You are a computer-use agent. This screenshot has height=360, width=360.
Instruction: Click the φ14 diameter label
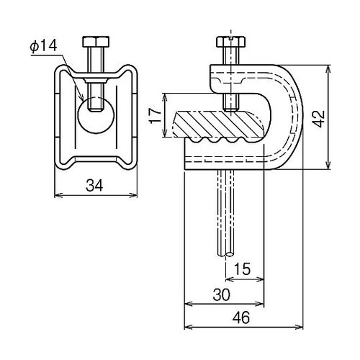click(x=43, y=46)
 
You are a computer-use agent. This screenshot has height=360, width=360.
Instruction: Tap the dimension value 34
click(x=94, y=186)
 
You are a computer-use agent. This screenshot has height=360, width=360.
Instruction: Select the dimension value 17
click(x=156, y=115)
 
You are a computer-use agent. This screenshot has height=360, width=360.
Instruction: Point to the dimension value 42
click(x=320, y=119)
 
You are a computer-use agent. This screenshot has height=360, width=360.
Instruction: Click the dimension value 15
click(x=242, y=269)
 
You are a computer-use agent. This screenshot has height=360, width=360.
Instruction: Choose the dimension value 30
click(x=221, y=294)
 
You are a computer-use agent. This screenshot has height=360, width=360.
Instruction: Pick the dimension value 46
click(x=241, y=318)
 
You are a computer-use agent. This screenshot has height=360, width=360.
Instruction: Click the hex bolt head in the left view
click(x=96, y=42)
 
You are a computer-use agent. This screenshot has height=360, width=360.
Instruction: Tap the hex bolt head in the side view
click(x=231, y=42)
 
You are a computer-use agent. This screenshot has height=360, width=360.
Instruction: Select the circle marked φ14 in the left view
click(x=96, y=115)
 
